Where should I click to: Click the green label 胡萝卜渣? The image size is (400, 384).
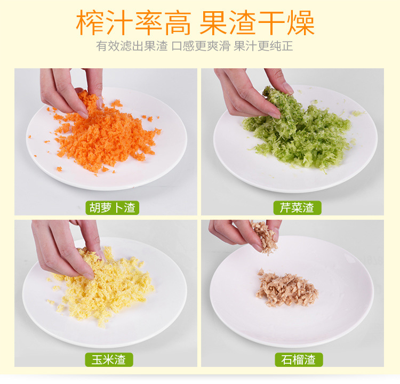tap(112, 207)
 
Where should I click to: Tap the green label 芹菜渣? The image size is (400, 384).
tap(297, 207)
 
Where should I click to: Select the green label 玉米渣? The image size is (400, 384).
tap(109, 359)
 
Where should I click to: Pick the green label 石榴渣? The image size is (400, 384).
tap(299, 359)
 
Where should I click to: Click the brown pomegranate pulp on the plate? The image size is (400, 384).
tap(287, 289)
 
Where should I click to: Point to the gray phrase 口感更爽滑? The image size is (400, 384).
tap(201, 46)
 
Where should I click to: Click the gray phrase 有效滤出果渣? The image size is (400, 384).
tap(132, 46)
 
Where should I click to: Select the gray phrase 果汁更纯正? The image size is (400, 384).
tap(263, 46)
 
